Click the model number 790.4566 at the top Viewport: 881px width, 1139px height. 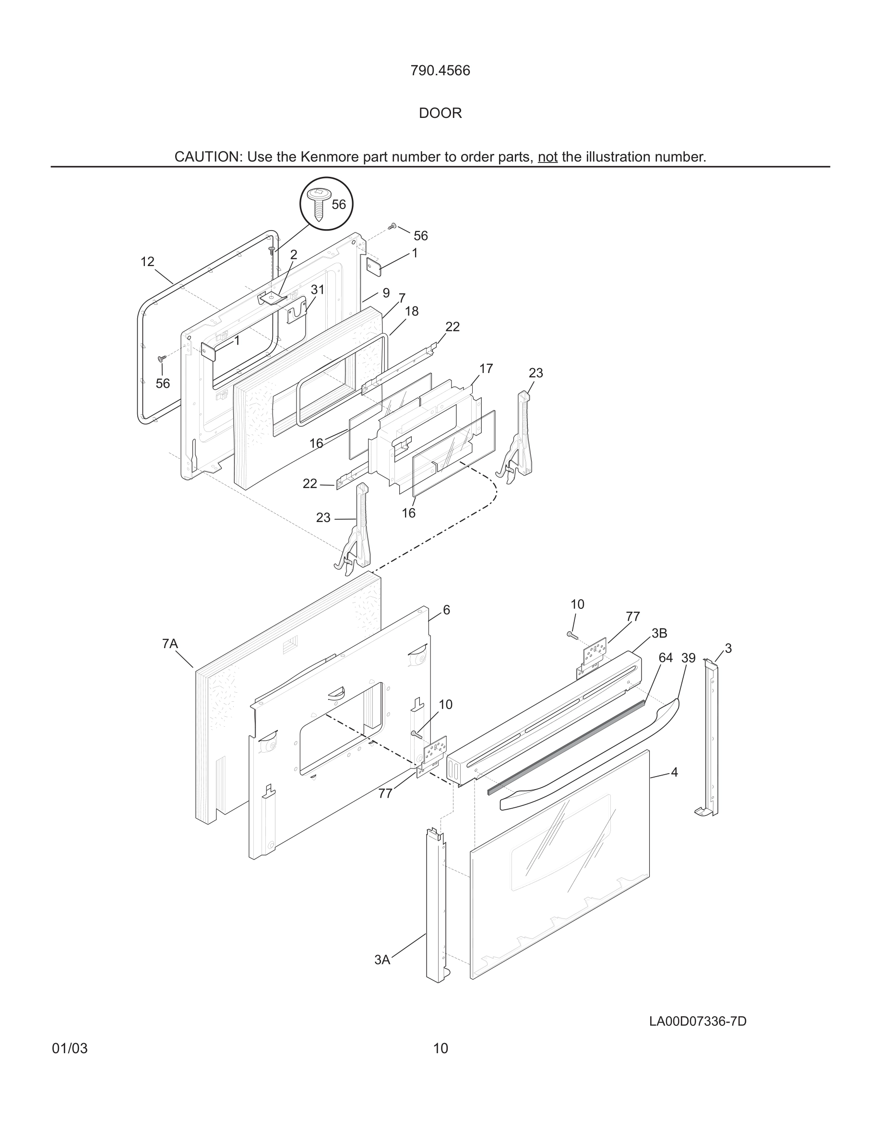click(x=440, y=70)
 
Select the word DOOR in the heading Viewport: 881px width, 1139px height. click(x=440, y=113)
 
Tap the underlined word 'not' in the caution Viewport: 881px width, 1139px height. click(x=548, y=157)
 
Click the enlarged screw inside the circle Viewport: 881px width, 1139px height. click(x=317, y=203)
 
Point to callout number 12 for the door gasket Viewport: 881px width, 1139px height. click(x=147, y=261)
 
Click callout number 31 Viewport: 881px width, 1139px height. click(x=317, y=290)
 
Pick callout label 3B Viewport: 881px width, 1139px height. click(x=659, y=633)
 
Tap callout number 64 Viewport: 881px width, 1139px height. click(x=666, y=658)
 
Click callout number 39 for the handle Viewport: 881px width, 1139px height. click(x=689, y=658)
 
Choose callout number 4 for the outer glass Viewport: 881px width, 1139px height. click(x=674, y=772)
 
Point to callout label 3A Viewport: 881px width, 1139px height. click(x=382, y=960)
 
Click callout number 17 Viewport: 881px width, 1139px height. click(x=486, y=369)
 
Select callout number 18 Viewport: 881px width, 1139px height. click(x=411, y=311)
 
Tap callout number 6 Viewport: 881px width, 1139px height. click(x=446, y=610)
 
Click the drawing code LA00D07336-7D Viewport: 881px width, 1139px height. click(x=697, y=1021)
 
